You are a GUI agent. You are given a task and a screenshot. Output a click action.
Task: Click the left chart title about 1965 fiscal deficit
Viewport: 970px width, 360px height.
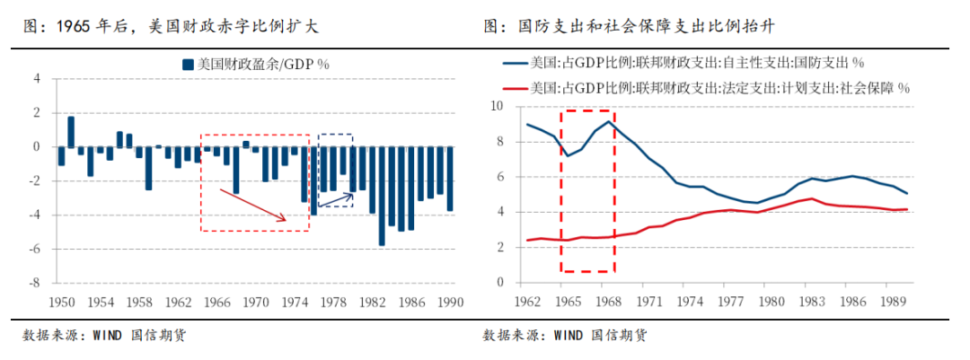(x=171, y=27)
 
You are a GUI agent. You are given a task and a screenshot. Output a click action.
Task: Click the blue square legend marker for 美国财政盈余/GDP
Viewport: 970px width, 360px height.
(x=187, y=65)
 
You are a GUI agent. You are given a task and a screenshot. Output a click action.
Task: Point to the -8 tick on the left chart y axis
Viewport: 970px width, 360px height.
(x=36, y=283)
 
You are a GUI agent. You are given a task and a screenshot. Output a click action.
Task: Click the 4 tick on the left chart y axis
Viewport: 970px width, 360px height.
(x=38, y=79)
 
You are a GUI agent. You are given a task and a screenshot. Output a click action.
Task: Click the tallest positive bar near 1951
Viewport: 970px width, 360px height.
(x=71, y=132)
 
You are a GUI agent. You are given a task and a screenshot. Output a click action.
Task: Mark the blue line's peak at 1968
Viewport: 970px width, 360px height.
(x=609, y=121)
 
